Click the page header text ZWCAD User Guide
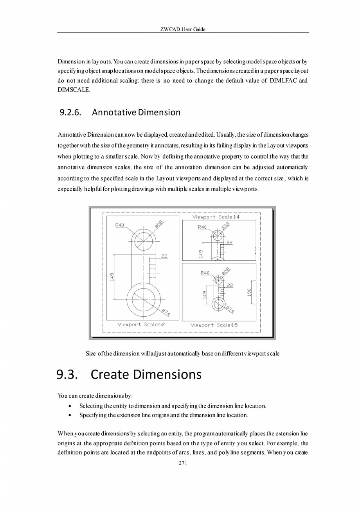[183, 29]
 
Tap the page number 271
[183, 463]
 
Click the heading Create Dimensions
[146, 374]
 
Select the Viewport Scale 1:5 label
[214, 325]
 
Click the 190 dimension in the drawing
[249, 292]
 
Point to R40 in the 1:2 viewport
[120, 225]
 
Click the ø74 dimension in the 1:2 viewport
[166, 312]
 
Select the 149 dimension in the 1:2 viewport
[112, 276]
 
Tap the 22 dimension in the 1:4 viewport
[229, 242]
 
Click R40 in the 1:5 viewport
[205, 273]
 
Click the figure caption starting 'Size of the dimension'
[183, 354]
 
